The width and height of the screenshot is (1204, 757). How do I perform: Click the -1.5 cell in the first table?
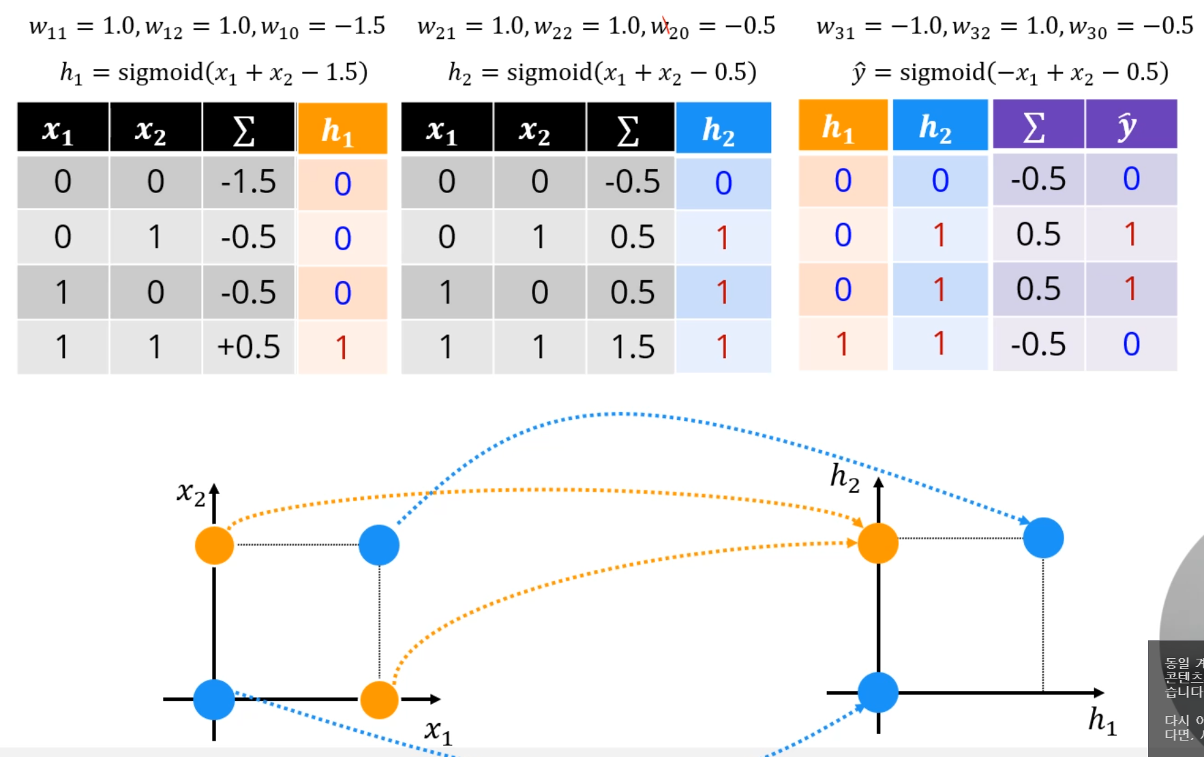pyautogui.click(x=248, y=182)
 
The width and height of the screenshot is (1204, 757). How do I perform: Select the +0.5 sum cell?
pyautogui.click(x=248, y=347)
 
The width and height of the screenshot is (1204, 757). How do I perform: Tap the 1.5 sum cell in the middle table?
pyautogui.click(x=632, y=347)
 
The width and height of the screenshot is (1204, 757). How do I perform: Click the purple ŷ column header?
pyautogui.click(x=1130, y=125)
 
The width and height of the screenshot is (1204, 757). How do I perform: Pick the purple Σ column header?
pyautogui.click(x=1038, y=125)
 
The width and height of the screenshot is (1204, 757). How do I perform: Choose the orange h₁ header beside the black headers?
pyautogui.click(x=342, y=129)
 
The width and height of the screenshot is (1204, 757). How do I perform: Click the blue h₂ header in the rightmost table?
pyautogui.click(x=939, y=125)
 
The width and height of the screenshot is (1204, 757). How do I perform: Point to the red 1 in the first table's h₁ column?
pyautogui.click(x=342, y=347)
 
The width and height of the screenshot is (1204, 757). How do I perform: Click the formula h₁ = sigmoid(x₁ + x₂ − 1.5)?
pyautogui.click(x=213, y=72)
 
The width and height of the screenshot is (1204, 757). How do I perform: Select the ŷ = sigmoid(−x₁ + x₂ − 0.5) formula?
pyautogui.click(x=1010, y=72)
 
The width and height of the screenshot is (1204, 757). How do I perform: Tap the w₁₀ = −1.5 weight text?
pyautogui.click(x=323, y=27)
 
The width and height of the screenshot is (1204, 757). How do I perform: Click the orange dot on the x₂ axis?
pyautogui.click(x=215, y=546)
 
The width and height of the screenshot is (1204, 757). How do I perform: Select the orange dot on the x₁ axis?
pyautogui.click(x=379, y=699)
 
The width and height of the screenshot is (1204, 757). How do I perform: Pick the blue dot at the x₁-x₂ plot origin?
pyautogui.click(x=214, y=699)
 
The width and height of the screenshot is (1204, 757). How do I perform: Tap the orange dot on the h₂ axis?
pyautogui.click(x=878, y=543)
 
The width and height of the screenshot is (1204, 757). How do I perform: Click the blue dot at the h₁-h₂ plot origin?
pyautogui.click(x=878, y=692)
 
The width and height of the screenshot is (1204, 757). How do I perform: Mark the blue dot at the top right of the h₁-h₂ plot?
pyautogui.click(x=1043, y=538)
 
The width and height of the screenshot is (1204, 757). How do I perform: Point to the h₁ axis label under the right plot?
pyautogui.click(x=1102, y=720)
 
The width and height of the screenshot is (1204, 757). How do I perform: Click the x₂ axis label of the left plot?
pyautogui.click(x=190, y=492)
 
